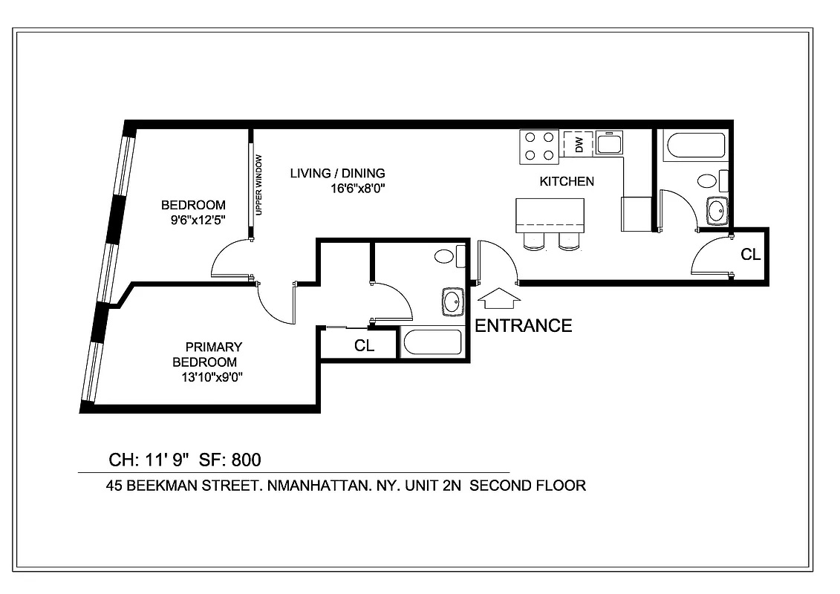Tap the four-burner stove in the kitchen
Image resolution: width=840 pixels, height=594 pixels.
[539, 146]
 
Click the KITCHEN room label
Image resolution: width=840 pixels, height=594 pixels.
[566, 181]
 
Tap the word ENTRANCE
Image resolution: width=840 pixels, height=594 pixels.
[523, 325]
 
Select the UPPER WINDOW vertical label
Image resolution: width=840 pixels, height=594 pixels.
[258, 185]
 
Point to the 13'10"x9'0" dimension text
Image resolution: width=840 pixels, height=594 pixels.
[209, 376]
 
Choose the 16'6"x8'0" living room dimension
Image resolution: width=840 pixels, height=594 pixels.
[358, 188]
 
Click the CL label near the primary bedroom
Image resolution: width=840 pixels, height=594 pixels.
[363, 345]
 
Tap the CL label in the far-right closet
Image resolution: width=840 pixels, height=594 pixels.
[750, 255]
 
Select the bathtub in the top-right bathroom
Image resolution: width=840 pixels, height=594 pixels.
[695, 146]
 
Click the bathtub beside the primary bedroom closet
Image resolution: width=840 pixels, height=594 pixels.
[432, 343]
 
